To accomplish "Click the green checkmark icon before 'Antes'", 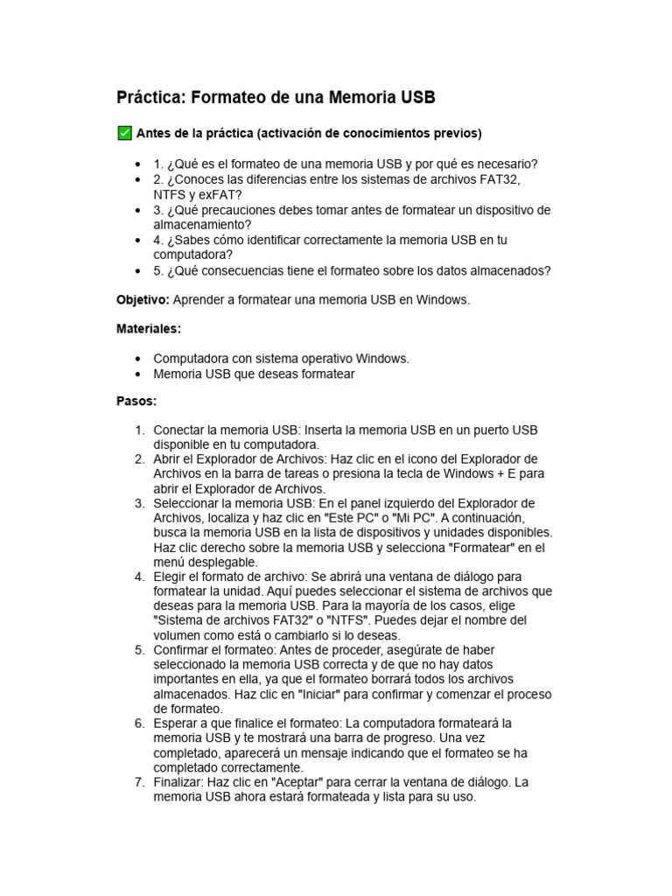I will pyautogui.click(x=124, y=133).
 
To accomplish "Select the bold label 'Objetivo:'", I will pyautogui.click(x=143, y=300).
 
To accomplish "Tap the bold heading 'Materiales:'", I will pyautogui.click(x=149, y=329).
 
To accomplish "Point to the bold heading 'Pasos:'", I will pyautogui.click(x=136, y=402).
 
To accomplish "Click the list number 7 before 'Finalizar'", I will pyautogui.click(x=139, y=782).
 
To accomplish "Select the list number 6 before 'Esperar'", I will pyautogui.click(x=139, y=724).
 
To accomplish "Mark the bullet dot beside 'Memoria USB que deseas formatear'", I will pyautogui.click(x=138, y=374).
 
